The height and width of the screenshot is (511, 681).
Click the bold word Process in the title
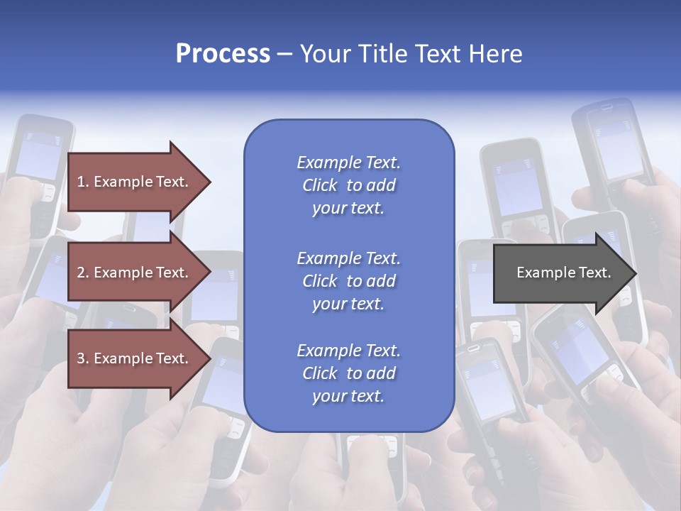223,54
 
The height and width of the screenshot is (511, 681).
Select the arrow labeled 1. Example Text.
135,182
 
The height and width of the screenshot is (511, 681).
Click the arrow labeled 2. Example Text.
135,273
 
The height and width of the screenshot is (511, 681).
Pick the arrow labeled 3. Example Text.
135,358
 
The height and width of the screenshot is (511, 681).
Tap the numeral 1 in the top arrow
81,182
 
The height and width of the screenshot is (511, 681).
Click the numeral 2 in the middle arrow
81,273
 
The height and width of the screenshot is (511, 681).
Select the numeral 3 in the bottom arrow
81,358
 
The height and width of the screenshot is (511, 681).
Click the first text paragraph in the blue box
348,185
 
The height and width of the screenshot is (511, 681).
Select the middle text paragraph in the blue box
348,281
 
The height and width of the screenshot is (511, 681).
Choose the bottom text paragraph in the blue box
348,373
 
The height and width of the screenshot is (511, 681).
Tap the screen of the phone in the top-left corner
37,156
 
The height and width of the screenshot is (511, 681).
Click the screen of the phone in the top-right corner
617,149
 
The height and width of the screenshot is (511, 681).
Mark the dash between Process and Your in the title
284,54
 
